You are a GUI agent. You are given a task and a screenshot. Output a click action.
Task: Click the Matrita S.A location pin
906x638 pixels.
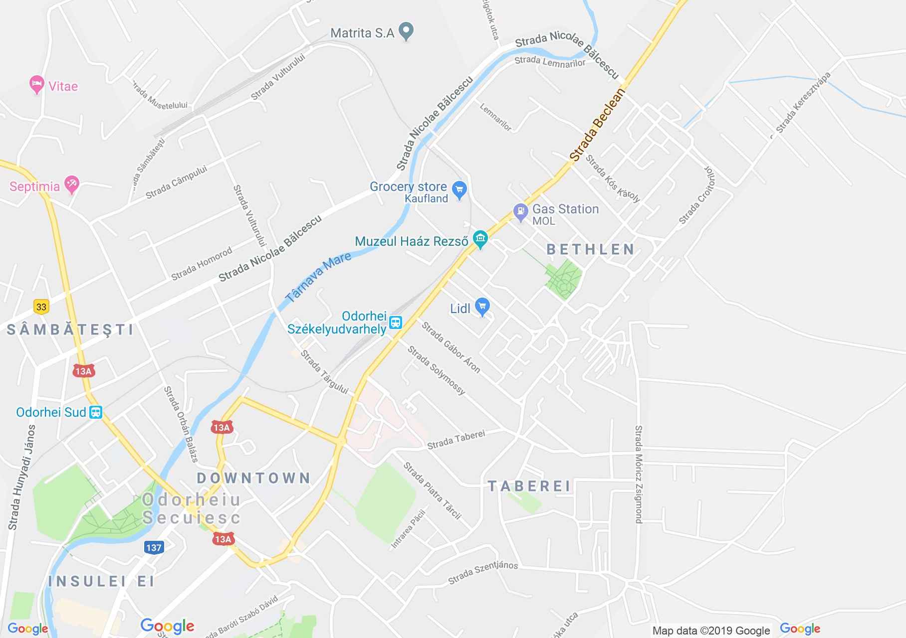(x=407, y=32)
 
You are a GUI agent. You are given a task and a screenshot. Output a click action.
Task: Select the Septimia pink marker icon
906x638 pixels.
(x=72, y=185)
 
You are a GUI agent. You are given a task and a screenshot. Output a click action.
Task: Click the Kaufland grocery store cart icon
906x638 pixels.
(x=459, y=189)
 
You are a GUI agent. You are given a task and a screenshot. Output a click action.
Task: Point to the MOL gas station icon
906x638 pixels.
(x=520, y=212)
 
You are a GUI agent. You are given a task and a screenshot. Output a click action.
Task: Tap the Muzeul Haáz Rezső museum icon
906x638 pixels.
(x=480, y=240)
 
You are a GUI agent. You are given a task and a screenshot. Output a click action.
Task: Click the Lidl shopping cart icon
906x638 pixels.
(x=482, y=307)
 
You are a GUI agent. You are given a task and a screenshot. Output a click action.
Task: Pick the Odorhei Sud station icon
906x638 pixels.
(x=95, y=412)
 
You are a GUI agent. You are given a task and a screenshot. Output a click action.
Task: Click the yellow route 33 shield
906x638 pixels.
(x=41, y=307)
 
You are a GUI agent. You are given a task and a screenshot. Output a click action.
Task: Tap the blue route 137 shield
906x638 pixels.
(x=154, y=547)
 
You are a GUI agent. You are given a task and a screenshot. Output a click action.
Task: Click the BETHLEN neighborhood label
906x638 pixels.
(x=591, y=249)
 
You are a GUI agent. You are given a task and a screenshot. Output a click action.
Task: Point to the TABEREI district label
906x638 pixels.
(x=529, y=486)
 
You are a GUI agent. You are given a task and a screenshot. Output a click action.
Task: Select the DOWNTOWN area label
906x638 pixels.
(x=254, y=478)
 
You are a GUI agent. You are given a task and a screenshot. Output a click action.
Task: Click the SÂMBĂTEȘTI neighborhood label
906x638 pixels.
(x=71, y=329)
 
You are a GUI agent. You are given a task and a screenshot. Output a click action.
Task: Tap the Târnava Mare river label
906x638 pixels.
(x=318, y=277)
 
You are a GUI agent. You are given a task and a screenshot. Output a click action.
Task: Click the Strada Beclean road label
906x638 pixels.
(x=598, y=124)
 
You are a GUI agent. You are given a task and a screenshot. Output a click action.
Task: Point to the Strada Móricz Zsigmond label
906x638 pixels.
(x=639, y=474)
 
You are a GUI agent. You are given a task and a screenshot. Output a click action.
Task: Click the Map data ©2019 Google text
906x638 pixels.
(x=711, y=631)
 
